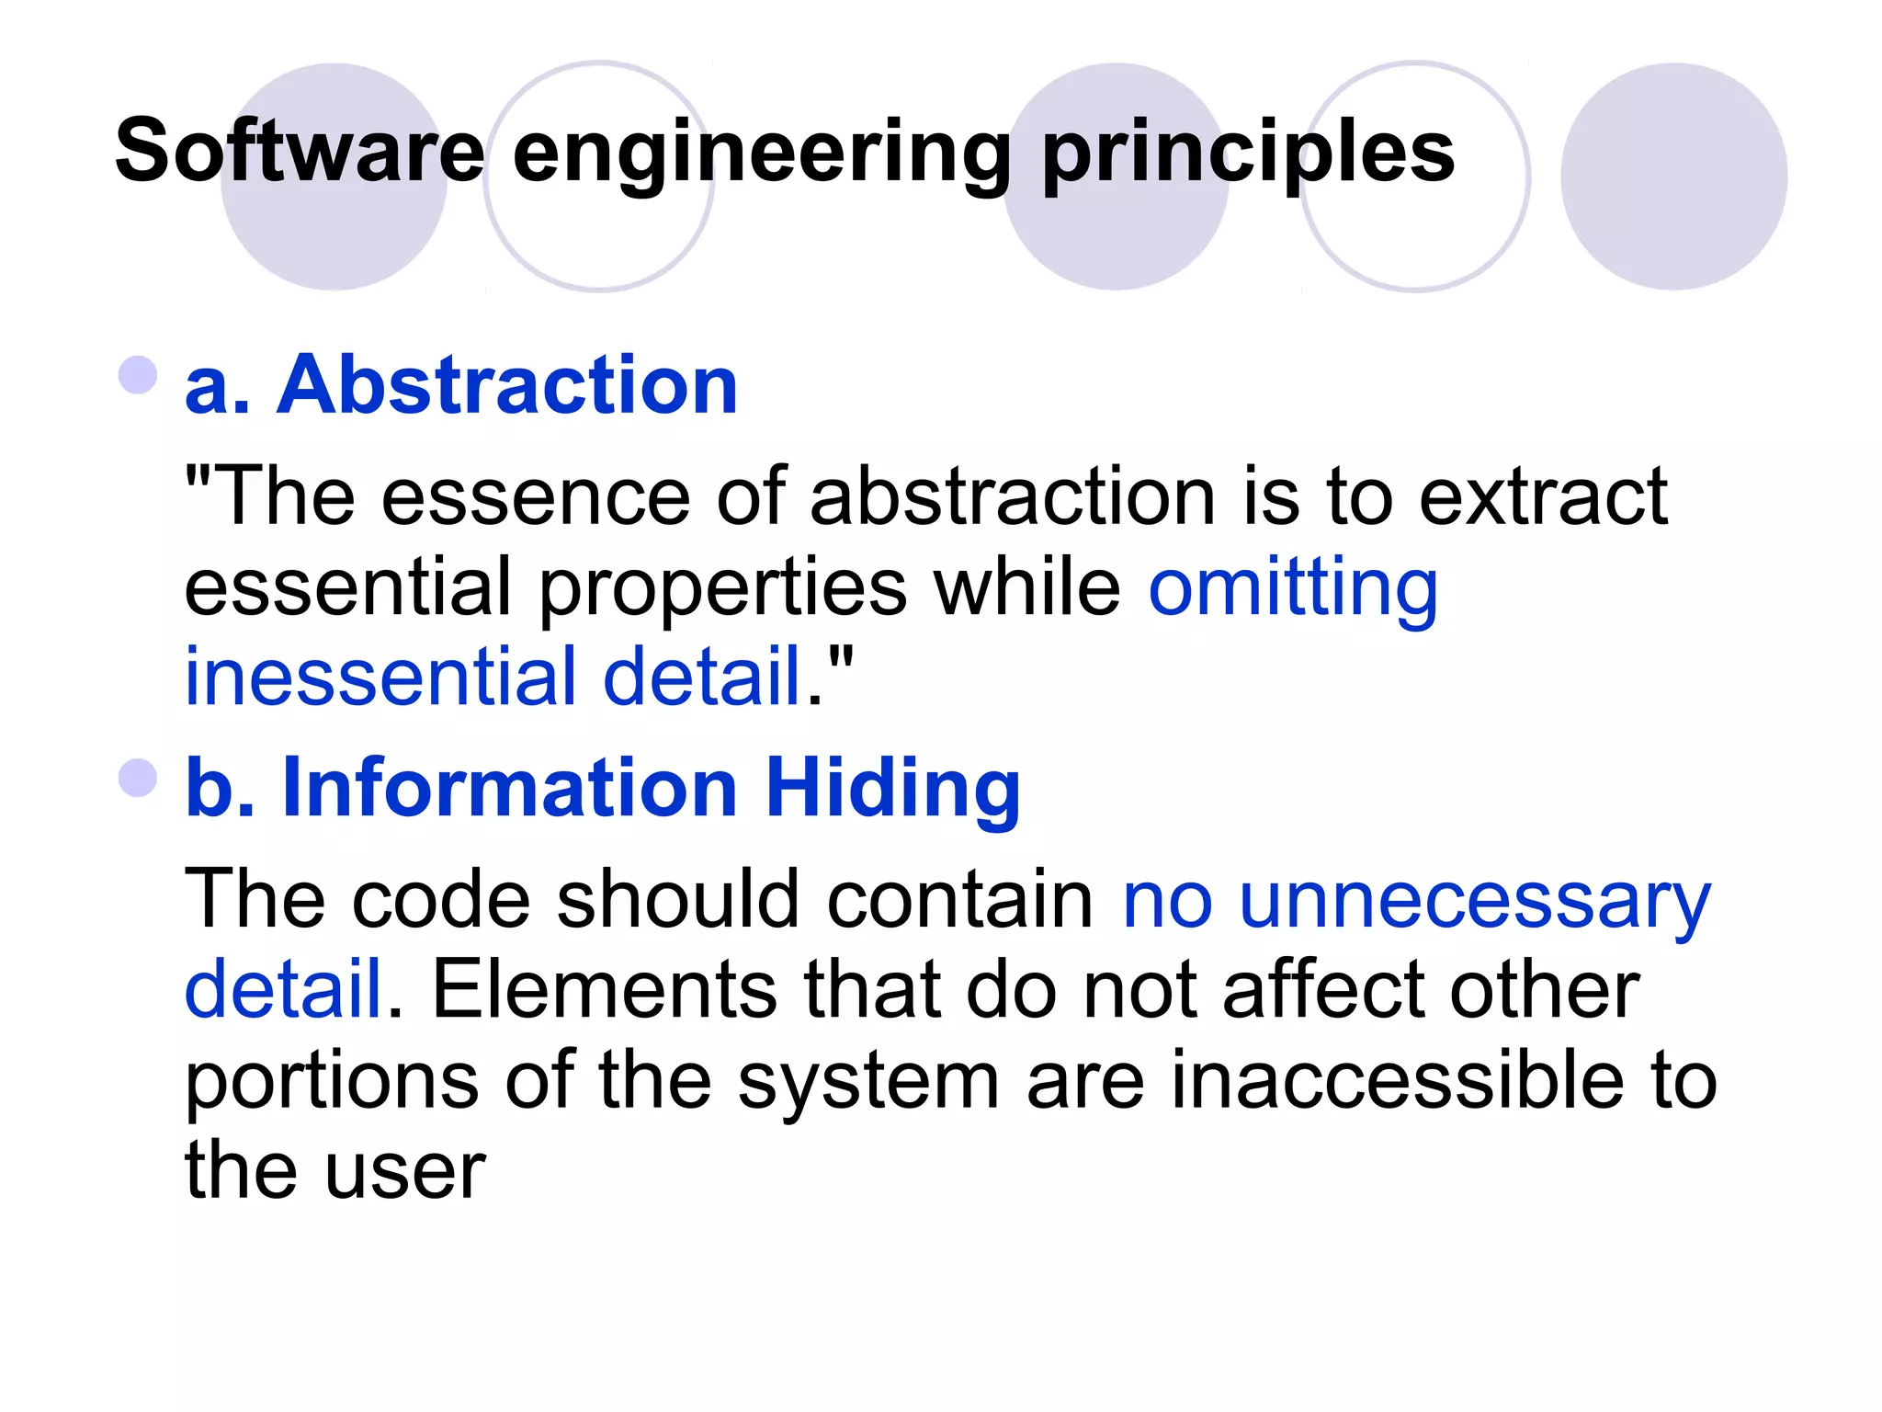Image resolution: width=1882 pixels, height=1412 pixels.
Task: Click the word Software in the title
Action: [300, 151]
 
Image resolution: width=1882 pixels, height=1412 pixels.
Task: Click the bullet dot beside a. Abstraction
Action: [138, 375]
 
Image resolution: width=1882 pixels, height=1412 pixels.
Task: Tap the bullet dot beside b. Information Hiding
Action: [138, 778]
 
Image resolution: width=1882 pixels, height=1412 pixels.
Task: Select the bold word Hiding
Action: [892, 789]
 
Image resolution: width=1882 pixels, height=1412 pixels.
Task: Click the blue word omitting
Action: [1293, 590]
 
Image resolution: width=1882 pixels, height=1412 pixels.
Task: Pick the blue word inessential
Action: [380, 677]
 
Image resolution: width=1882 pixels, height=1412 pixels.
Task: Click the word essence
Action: [535, 496]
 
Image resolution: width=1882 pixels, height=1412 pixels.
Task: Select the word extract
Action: [1543, 496]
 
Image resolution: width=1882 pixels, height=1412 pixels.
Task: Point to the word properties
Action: [722, 590]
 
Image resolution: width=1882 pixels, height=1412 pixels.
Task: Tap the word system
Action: [868, 1083]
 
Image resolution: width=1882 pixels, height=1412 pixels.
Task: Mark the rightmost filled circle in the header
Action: [1673, 176]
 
